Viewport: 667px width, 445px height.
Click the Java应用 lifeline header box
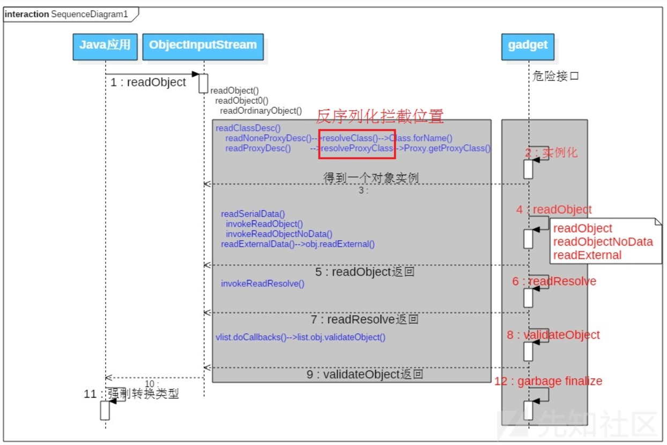[x=105, y=46]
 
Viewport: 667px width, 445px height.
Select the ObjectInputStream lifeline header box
[x=203, y=46]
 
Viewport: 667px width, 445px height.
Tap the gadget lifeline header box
[x=528, y=46]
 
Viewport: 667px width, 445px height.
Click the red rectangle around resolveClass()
[x=357, y=144]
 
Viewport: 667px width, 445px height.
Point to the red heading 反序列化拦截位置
[x=380, y=116]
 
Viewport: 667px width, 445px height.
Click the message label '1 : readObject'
[x=148, y=82]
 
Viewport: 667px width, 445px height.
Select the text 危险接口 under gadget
[x=555, y=76]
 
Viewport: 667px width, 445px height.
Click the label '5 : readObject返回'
[x=365, y=272]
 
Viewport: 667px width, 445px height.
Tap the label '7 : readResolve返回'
[x=365, y=320]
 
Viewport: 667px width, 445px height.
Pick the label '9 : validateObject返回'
[x=365, y=374]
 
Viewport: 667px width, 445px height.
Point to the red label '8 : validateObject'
[x=553, y=335]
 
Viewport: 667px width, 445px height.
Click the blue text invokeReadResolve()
[x=263, y=284]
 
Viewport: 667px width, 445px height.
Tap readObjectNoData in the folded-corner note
[x=603, y=242]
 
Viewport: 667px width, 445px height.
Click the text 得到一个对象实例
[x=371, y=177]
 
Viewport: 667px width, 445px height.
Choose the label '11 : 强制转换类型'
[x=131, y=394]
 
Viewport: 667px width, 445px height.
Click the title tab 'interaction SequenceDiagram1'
[x=66, y=14]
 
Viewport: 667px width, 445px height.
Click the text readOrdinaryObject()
[x=261, y=111]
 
